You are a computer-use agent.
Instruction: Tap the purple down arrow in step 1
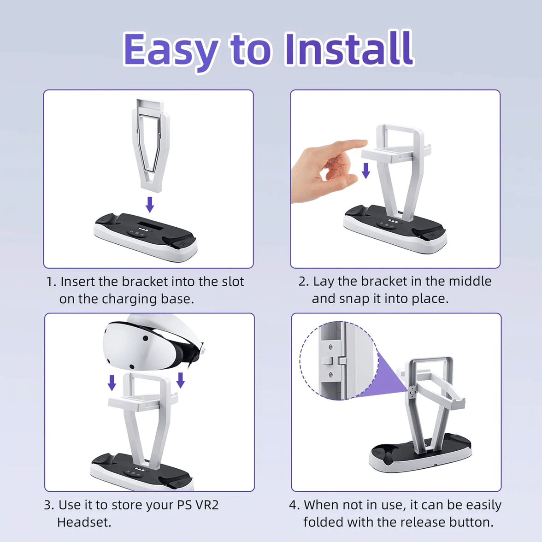[x=149, y=204]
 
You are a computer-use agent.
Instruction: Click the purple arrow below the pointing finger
[x=365, y=170]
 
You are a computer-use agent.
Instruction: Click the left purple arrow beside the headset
[x=112, y=382]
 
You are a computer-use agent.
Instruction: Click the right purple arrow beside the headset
[x=181, y=380]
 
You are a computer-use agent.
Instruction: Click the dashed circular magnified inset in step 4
[x=339, y=360]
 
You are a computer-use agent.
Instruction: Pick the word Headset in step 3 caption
[x=84, y=522]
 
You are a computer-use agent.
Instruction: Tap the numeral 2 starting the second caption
[x=302, y=282]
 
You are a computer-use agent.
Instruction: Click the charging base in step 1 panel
[x=146, y=235]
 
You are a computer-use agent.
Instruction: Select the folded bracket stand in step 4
[x=429, y=406]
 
